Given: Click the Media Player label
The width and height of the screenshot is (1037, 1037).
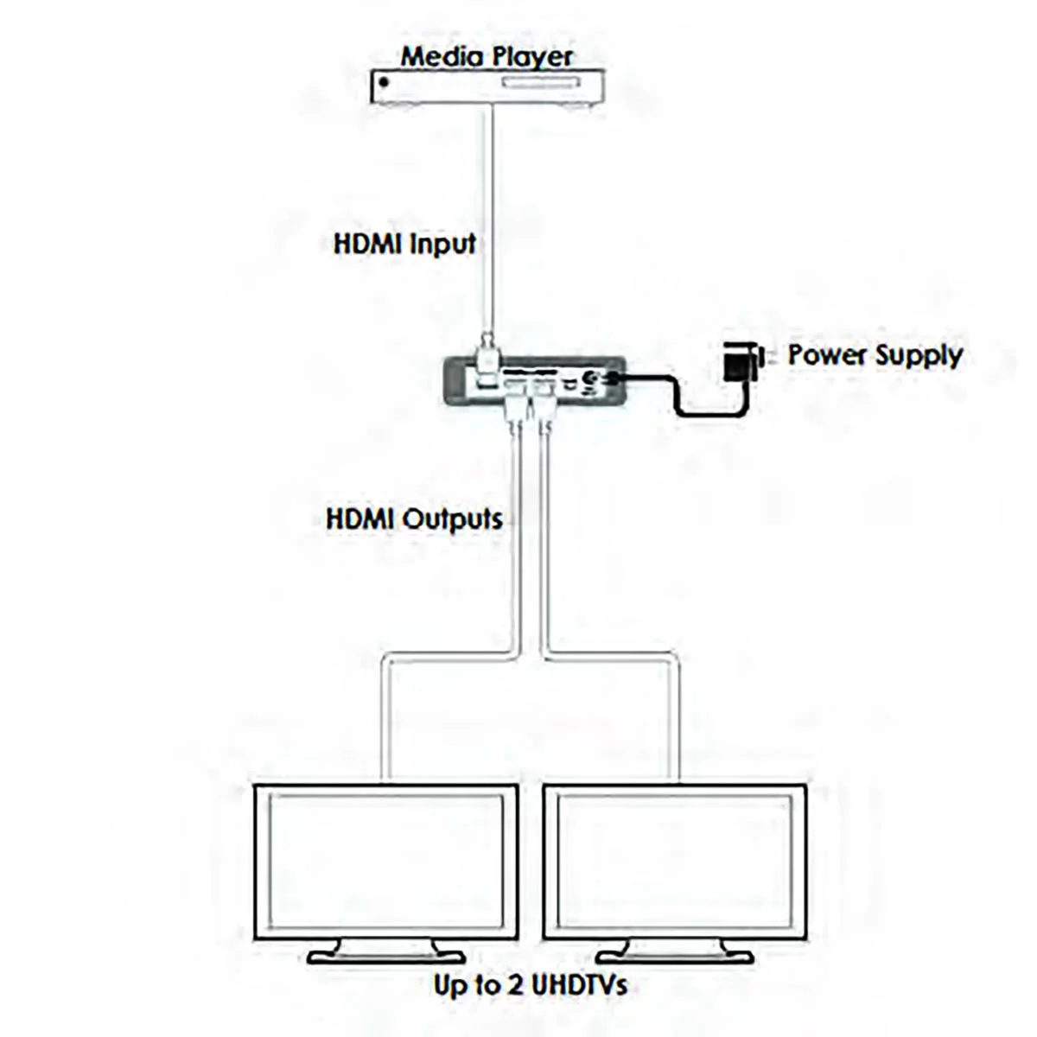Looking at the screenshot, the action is tap(486, 57).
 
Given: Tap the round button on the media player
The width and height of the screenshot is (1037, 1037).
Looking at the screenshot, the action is tap(384, 82).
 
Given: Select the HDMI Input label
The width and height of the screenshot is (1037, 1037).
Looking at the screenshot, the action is tap(404, 244).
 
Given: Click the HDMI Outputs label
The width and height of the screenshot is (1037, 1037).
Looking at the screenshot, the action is tap(414, 519).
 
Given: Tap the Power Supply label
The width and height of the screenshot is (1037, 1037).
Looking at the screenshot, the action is tap(875, 355).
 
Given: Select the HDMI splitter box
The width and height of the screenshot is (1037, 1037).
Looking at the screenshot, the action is tap(535, 380).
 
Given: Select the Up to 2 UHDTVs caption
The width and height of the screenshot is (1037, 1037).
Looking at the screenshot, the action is tap(530, 1001).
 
